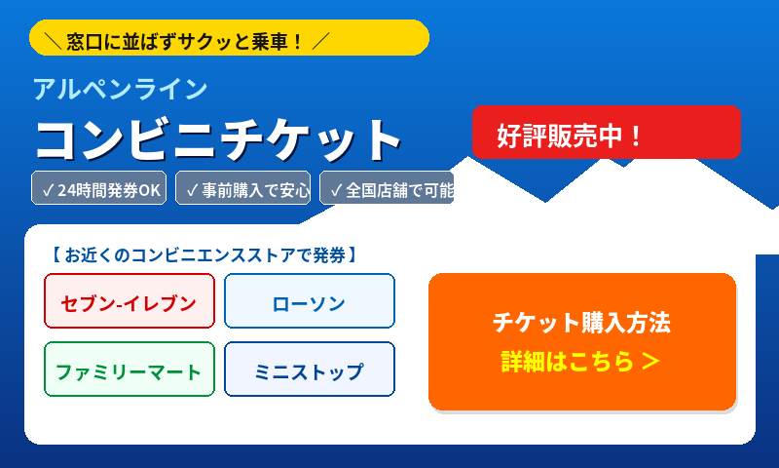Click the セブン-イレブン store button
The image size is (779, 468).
click(x=130, y=301)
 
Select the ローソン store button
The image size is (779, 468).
click(x=310, y=301)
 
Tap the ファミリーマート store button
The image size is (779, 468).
click(x=130, y=369)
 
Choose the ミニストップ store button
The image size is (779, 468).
click(x=310, y=369)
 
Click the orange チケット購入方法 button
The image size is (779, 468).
click(x=582, y=341)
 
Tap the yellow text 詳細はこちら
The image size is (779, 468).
click(x=568, y=362)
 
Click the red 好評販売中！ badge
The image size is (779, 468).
click(x=606, y=133)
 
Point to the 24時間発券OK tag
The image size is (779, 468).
click(x=99, y=188)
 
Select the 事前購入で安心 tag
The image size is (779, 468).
click(x=242, y=188)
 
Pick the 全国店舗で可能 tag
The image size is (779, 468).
click(x=387, y=188)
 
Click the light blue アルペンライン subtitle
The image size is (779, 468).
click(x=120, y=90)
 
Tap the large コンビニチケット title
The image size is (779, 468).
click(x=217, y=140)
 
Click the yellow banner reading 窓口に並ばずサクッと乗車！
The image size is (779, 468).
click(x=229, y=38)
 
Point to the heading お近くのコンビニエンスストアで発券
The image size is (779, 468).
click(x=204, y=255)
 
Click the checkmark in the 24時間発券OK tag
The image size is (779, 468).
click(x=48, y=190)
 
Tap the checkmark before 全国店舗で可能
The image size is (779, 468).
click(x=336, y=190)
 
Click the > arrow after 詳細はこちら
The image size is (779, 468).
click(x=650, y=362)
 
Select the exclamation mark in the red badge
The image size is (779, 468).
click(x=636, y=136)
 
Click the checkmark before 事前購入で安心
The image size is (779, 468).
click(x=192, y=190)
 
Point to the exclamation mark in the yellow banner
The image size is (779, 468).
click(x=297, y=42)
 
